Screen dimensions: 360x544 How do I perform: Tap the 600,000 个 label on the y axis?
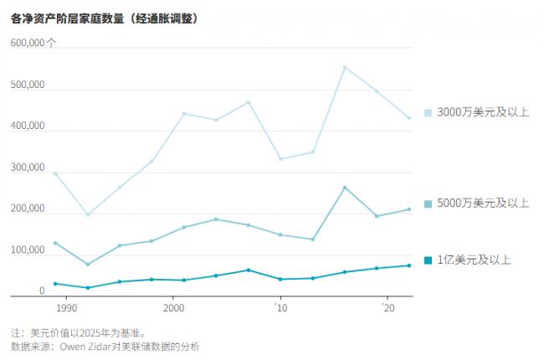click(34, 43)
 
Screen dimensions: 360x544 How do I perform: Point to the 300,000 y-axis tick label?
click(28, 168)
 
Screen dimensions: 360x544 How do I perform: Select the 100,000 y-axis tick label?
click(28, 250)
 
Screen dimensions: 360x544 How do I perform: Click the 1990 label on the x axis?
click(66, 309)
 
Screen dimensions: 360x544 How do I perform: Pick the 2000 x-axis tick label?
click(173, 309)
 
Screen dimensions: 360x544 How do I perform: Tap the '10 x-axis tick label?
click(280, 309)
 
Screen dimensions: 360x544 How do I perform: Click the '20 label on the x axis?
click(387, 309)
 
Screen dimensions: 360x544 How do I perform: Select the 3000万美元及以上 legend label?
click(483, 112)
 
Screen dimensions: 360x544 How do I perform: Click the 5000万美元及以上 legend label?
click(483, 203)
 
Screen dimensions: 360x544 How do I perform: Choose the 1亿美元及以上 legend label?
click(474, 260)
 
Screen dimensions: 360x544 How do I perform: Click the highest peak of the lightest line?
click(345, 67)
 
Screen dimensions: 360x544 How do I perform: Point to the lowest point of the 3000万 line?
click(88, 215)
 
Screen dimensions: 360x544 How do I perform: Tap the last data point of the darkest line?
click(409, 265)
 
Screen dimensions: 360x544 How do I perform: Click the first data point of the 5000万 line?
click(55, 243)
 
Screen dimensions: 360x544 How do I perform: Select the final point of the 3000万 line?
click(409, 118)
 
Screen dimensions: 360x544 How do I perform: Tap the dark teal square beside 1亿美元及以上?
click(429, 260)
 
